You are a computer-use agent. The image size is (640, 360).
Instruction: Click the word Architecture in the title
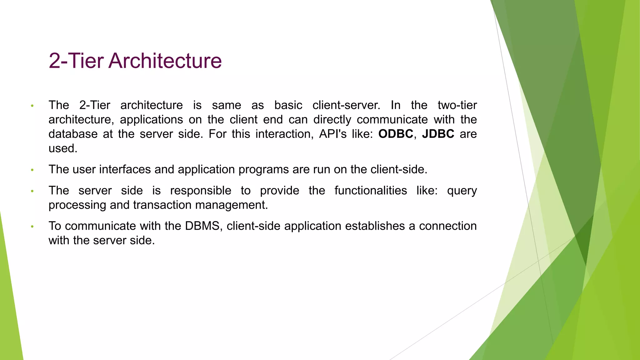coord(165,61)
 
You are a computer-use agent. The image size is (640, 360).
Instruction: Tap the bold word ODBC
coord(396,134)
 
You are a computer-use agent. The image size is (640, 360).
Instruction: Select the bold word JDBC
coord(438,134)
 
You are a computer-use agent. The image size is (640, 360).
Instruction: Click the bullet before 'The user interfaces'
coord(32,170)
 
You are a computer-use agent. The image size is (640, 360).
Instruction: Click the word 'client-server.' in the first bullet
coord(346,105)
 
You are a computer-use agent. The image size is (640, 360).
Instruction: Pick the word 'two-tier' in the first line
coord(457,105)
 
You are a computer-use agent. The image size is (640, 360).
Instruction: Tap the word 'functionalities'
coord(371,190)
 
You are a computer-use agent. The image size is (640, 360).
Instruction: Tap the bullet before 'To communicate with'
coord(32,227)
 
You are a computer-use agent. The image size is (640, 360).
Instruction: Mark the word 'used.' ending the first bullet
coord(63,148)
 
